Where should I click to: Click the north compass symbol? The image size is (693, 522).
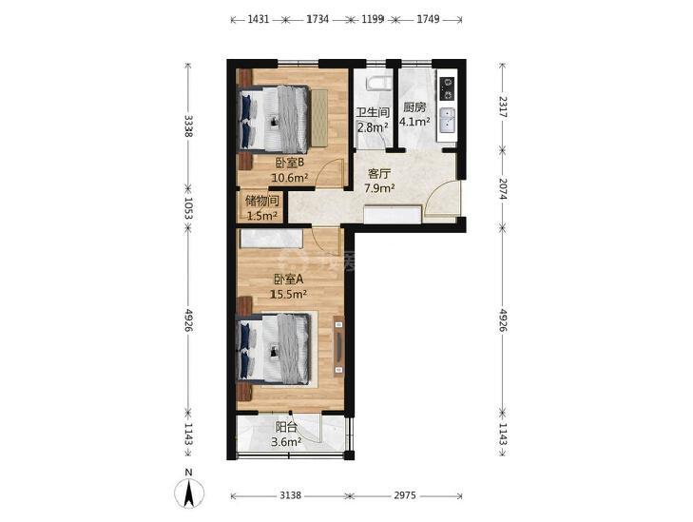[189, 493]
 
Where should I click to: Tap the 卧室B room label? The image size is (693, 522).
[290, 164]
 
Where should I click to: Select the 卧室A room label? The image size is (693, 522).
[289, 280]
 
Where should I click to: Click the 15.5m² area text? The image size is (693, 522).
[289, 294]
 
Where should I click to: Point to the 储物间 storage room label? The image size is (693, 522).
[262, 202]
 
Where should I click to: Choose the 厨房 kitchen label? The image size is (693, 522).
[414, 107]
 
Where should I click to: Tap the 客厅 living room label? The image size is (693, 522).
[379, 174]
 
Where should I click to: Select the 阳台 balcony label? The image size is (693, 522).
[286, 427]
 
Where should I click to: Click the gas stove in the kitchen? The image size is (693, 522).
[448, 88]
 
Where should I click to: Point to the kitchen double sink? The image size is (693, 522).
[448, 121]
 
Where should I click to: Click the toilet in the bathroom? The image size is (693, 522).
[378, 83]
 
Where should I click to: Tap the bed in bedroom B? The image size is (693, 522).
[274, 119]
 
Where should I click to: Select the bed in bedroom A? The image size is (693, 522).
[274, 349]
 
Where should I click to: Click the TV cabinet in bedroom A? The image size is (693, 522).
[338, 346]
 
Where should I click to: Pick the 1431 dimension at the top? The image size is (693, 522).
[259, 19]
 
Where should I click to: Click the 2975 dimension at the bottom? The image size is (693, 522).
[405, 495]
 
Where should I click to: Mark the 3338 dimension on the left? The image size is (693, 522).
[188, 126]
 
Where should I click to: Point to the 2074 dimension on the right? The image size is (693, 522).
[503, 188]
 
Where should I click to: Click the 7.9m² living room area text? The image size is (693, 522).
[379, 188]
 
